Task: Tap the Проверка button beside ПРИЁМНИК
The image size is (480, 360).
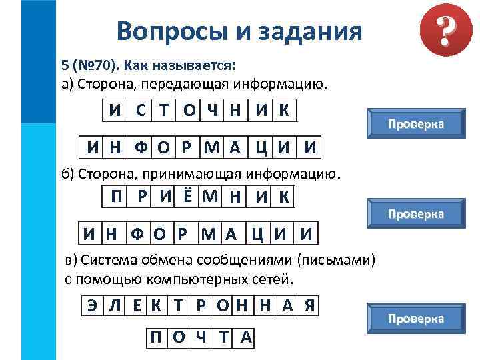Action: [x=416, y=214]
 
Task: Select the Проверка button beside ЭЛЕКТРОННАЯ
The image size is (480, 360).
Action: [x=416, y=319]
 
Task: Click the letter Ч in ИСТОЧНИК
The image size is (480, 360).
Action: [x=211, y=111]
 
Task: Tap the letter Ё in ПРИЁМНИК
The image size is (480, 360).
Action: [x=188, y=196]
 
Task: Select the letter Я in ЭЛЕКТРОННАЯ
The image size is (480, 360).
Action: [x=309, y=306]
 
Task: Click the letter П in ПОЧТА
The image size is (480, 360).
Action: [x=156, y=338]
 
